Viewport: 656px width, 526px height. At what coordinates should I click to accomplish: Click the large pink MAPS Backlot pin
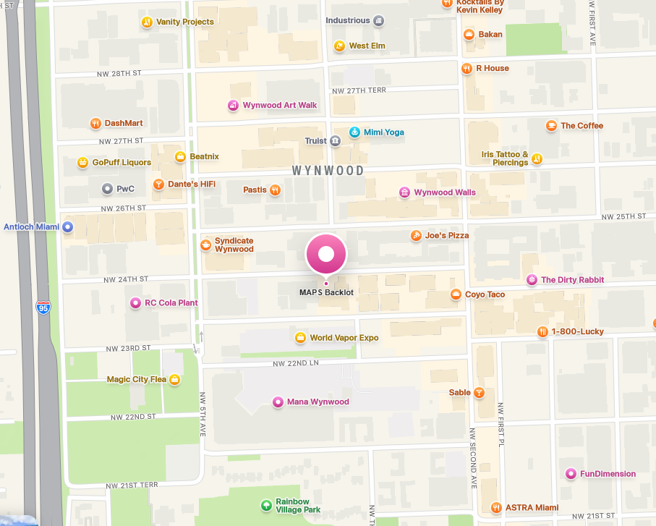point(326,255)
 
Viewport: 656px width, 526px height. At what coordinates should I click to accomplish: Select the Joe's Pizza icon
point(416,235)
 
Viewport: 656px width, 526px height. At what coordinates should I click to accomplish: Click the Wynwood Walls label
point(445,192)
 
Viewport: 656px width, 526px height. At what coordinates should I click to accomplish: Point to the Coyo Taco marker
point(456,294)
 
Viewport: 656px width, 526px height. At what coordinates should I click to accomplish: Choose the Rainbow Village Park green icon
point(267,505)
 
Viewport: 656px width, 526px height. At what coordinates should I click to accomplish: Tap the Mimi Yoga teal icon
point(354,132)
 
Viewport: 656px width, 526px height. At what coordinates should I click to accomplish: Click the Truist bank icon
point(335,141)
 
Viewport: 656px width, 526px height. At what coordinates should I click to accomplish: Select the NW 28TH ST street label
point(119,74)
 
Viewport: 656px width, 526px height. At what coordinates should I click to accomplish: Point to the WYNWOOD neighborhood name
point(328,171)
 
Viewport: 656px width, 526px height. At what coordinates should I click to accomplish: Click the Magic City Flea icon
point(174,379)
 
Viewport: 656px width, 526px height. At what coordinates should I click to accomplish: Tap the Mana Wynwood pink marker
point(277,402)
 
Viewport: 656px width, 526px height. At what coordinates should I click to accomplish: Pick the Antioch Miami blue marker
point(68,226)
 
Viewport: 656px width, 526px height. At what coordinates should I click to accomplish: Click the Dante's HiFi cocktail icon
point(158,184)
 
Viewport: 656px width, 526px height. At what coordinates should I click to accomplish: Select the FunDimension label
point(608,474)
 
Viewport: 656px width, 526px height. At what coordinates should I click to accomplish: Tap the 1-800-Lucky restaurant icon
point(542,331)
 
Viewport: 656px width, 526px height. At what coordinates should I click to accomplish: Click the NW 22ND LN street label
point(296,362)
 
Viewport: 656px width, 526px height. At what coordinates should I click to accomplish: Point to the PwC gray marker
point(107,189)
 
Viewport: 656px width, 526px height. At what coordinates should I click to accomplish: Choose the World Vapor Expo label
point(344,338)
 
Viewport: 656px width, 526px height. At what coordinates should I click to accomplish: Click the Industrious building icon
point(378,20)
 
